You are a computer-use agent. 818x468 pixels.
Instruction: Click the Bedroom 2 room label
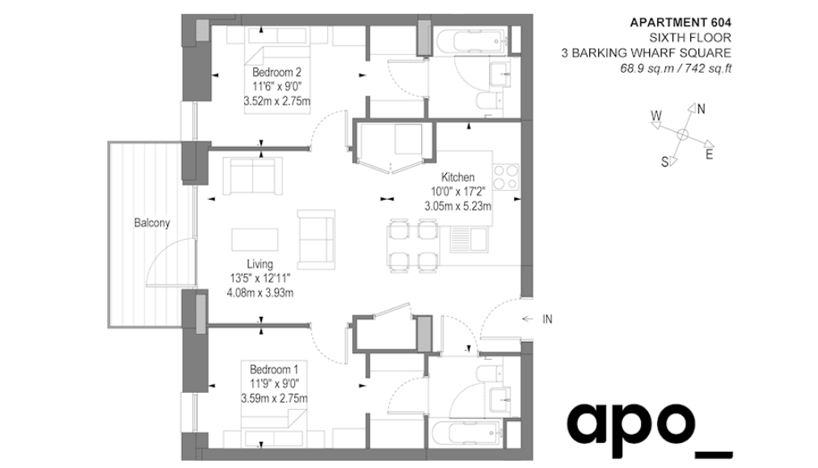(276, 72)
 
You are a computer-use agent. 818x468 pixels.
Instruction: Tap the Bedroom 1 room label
(274, 370)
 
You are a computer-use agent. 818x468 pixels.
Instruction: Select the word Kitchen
(457, 177)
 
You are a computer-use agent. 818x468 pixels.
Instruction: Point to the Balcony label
(152, 223)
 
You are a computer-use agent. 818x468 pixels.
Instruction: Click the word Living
(259, 264)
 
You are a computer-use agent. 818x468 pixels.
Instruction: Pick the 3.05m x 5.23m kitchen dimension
(457, 206)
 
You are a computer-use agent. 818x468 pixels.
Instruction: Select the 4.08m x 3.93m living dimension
(259, 293)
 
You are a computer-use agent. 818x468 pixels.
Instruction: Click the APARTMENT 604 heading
(681, 23)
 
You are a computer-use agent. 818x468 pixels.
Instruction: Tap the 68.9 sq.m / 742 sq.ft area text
(676, 69)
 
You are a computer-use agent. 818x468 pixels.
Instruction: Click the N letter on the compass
(701, 109)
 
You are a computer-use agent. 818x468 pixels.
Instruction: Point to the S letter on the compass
(664, 162)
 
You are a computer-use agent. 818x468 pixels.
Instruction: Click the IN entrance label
(546, 319)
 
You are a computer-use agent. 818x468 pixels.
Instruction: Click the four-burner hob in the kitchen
(505, 177)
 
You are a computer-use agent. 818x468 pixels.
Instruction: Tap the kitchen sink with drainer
(469, 239)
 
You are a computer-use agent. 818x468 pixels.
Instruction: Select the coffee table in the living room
(255, 239)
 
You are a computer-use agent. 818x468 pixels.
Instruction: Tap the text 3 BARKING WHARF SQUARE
(647, 53)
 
